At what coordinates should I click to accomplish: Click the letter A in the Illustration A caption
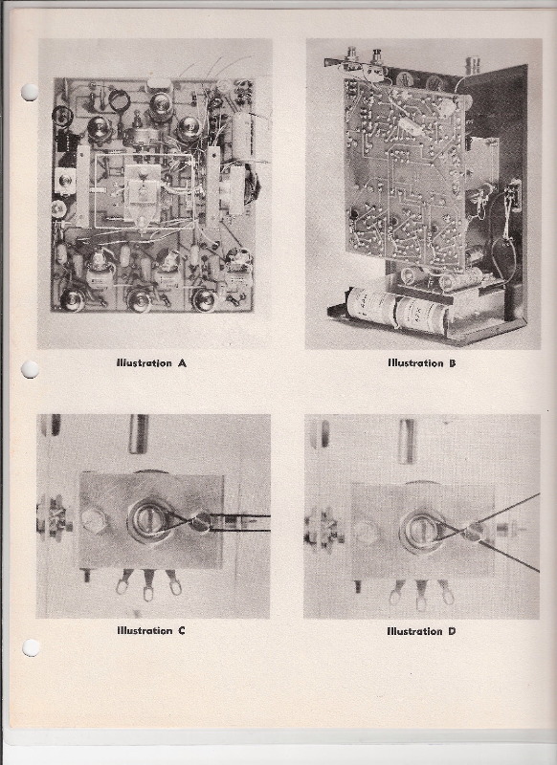click(x=182, y=363)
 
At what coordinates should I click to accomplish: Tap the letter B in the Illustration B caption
click(x=453, y=363)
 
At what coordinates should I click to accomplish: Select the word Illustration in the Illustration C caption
click(x=145, y=630)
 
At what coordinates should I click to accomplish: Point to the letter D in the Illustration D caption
click(x=452, y=631)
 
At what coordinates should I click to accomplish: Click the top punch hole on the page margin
click(x=30, y=92)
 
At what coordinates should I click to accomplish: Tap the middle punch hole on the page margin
click(x=30, y=369)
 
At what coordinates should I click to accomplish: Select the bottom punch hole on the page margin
click(x=31, y=647)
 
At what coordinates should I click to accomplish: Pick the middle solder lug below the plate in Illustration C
click(x=148, y=589)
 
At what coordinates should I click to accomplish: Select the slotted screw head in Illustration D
click(x=418, y=529)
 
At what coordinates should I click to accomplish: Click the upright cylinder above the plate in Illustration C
click(x=138, y=434)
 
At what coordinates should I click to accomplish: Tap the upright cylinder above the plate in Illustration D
click(x=406, y=441)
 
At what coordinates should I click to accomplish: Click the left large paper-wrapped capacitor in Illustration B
click(x=373, y=306)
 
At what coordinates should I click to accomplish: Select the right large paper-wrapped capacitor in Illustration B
click(x=421, y=316)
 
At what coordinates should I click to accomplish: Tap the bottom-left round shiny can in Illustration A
click(x=74, y=300)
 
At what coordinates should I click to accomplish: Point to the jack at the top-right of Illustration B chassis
click(x=473, y=64)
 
